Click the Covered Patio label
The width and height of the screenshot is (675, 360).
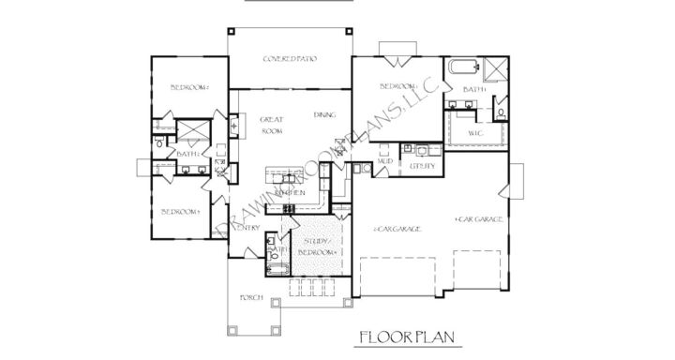pyautogui.click(x=289, y=58)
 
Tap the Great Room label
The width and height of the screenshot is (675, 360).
pyautogui.click(x=272, y=126)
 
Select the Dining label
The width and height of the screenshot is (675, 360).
pyautogui.click(x=325, y=114)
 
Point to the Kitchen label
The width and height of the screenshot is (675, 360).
pyautogui.click(x=290, y=193)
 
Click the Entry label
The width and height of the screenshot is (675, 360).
pyautogui.click(x=247, y=228)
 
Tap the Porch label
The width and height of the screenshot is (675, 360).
pyautogui.click(x=250, y=298)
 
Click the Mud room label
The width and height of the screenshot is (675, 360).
pyautogui.click(x=384, y=161)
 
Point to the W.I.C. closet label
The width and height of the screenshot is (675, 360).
pyautogui.click(x=475, y=134)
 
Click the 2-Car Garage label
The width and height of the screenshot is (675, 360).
pyautogui.click(x=397, y=228)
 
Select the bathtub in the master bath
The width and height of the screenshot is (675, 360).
pyautogui.click(x=463, y=67)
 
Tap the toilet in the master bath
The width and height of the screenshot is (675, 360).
pyautogui.click(x=502, y=112)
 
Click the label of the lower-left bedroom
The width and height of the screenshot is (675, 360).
pyautogui.click(x=180, y=212)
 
